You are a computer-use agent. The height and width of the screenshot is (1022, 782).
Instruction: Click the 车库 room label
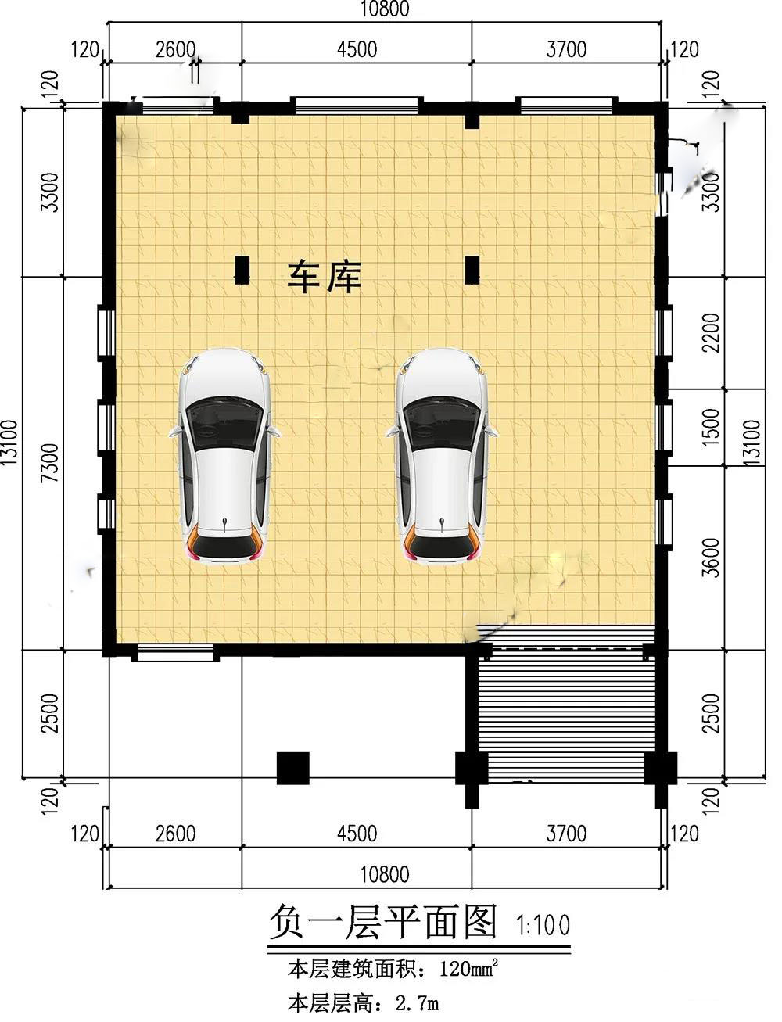324,278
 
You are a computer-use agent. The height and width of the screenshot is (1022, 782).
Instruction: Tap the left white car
225,457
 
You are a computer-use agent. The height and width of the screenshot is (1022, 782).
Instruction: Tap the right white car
442,457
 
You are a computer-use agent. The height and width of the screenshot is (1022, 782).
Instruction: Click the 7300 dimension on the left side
50,462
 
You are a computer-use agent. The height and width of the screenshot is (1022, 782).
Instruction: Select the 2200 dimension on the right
711,332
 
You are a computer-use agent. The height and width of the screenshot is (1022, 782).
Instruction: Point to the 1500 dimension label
711,427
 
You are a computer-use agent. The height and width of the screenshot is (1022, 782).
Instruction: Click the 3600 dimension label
711,558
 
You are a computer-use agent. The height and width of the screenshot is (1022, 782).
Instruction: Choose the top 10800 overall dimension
385,9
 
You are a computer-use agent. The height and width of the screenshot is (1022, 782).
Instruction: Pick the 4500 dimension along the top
357,49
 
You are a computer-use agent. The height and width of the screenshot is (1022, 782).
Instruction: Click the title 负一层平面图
382,923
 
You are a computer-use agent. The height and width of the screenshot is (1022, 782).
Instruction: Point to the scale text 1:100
543,925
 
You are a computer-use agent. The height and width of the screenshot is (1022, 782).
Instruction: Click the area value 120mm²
468,970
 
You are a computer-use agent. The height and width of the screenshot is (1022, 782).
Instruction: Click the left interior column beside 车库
242,270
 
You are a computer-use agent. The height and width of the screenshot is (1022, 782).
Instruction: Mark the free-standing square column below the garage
292,768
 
